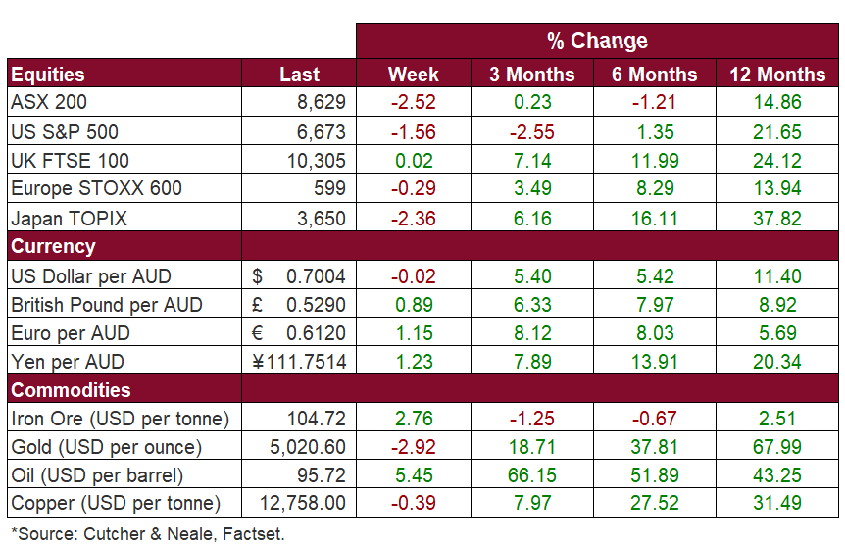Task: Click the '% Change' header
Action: tap(597, 41)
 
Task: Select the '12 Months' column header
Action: tap(777, 75)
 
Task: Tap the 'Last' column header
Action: tap(299, 75)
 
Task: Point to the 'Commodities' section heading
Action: tap(71, 390)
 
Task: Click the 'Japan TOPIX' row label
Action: tap(69, 218)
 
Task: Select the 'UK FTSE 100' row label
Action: tap(70, 160)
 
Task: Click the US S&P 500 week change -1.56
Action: tap(413, 131)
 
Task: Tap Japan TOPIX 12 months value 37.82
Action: tap(777, 218)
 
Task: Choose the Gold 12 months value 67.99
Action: tap(777, 447)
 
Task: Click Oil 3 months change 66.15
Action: tap(532, 475)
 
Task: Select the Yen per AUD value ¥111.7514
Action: tap(299, 361)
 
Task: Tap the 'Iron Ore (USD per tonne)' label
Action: tap(120, 419)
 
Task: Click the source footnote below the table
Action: tap(147, 534)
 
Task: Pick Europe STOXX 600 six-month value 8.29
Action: tap(655, 188)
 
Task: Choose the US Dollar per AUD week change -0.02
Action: tap(413, 275)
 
